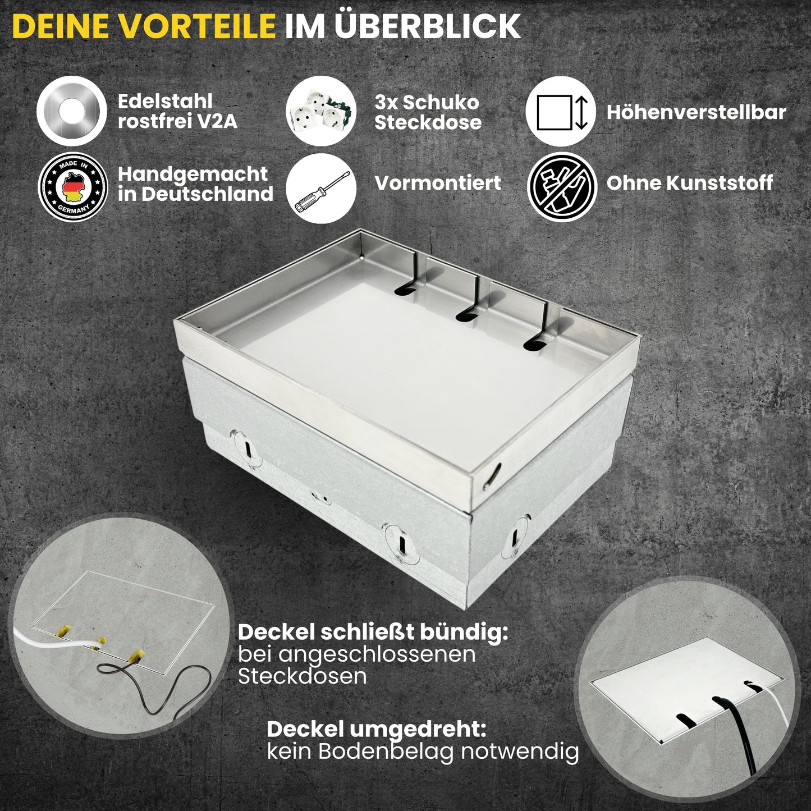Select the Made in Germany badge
(x=72, y=187)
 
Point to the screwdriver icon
(x=321, y=188)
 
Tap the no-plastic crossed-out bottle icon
(x=562, y=187)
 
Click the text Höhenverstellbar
(x=696, y=112)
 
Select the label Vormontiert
(x=438, y=183)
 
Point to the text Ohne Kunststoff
(x=689, y=183)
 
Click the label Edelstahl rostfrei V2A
(x=177, y=111)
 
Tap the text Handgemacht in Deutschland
(x=195, y=184)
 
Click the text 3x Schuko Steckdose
(x=428, y=112)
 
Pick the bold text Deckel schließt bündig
(x=373, y=633)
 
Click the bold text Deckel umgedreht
(x=376, y=730)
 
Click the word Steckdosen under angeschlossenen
(x=302, y=676)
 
